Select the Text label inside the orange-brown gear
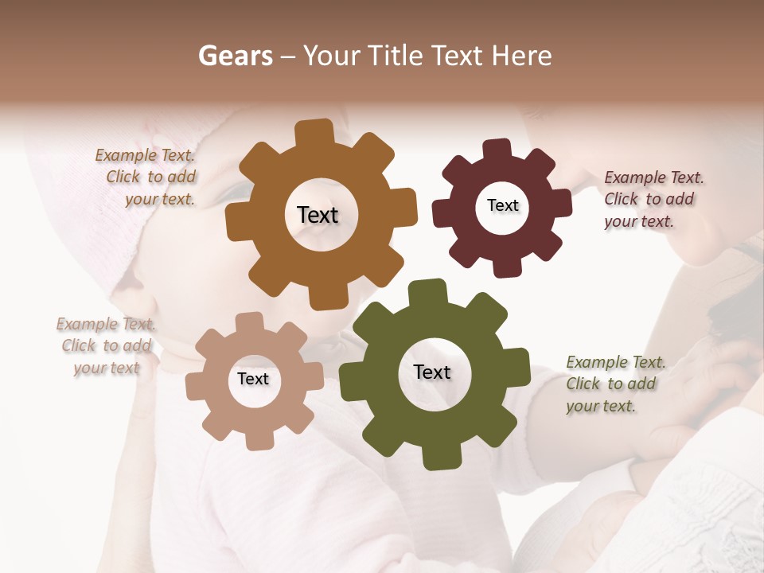click(318, 215)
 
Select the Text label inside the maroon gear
click(502, 205)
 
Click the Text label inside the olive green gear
click(432, 372)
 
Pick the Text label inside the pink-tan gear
click(253, 379)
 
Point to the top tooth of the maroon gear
click(497, 150)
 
